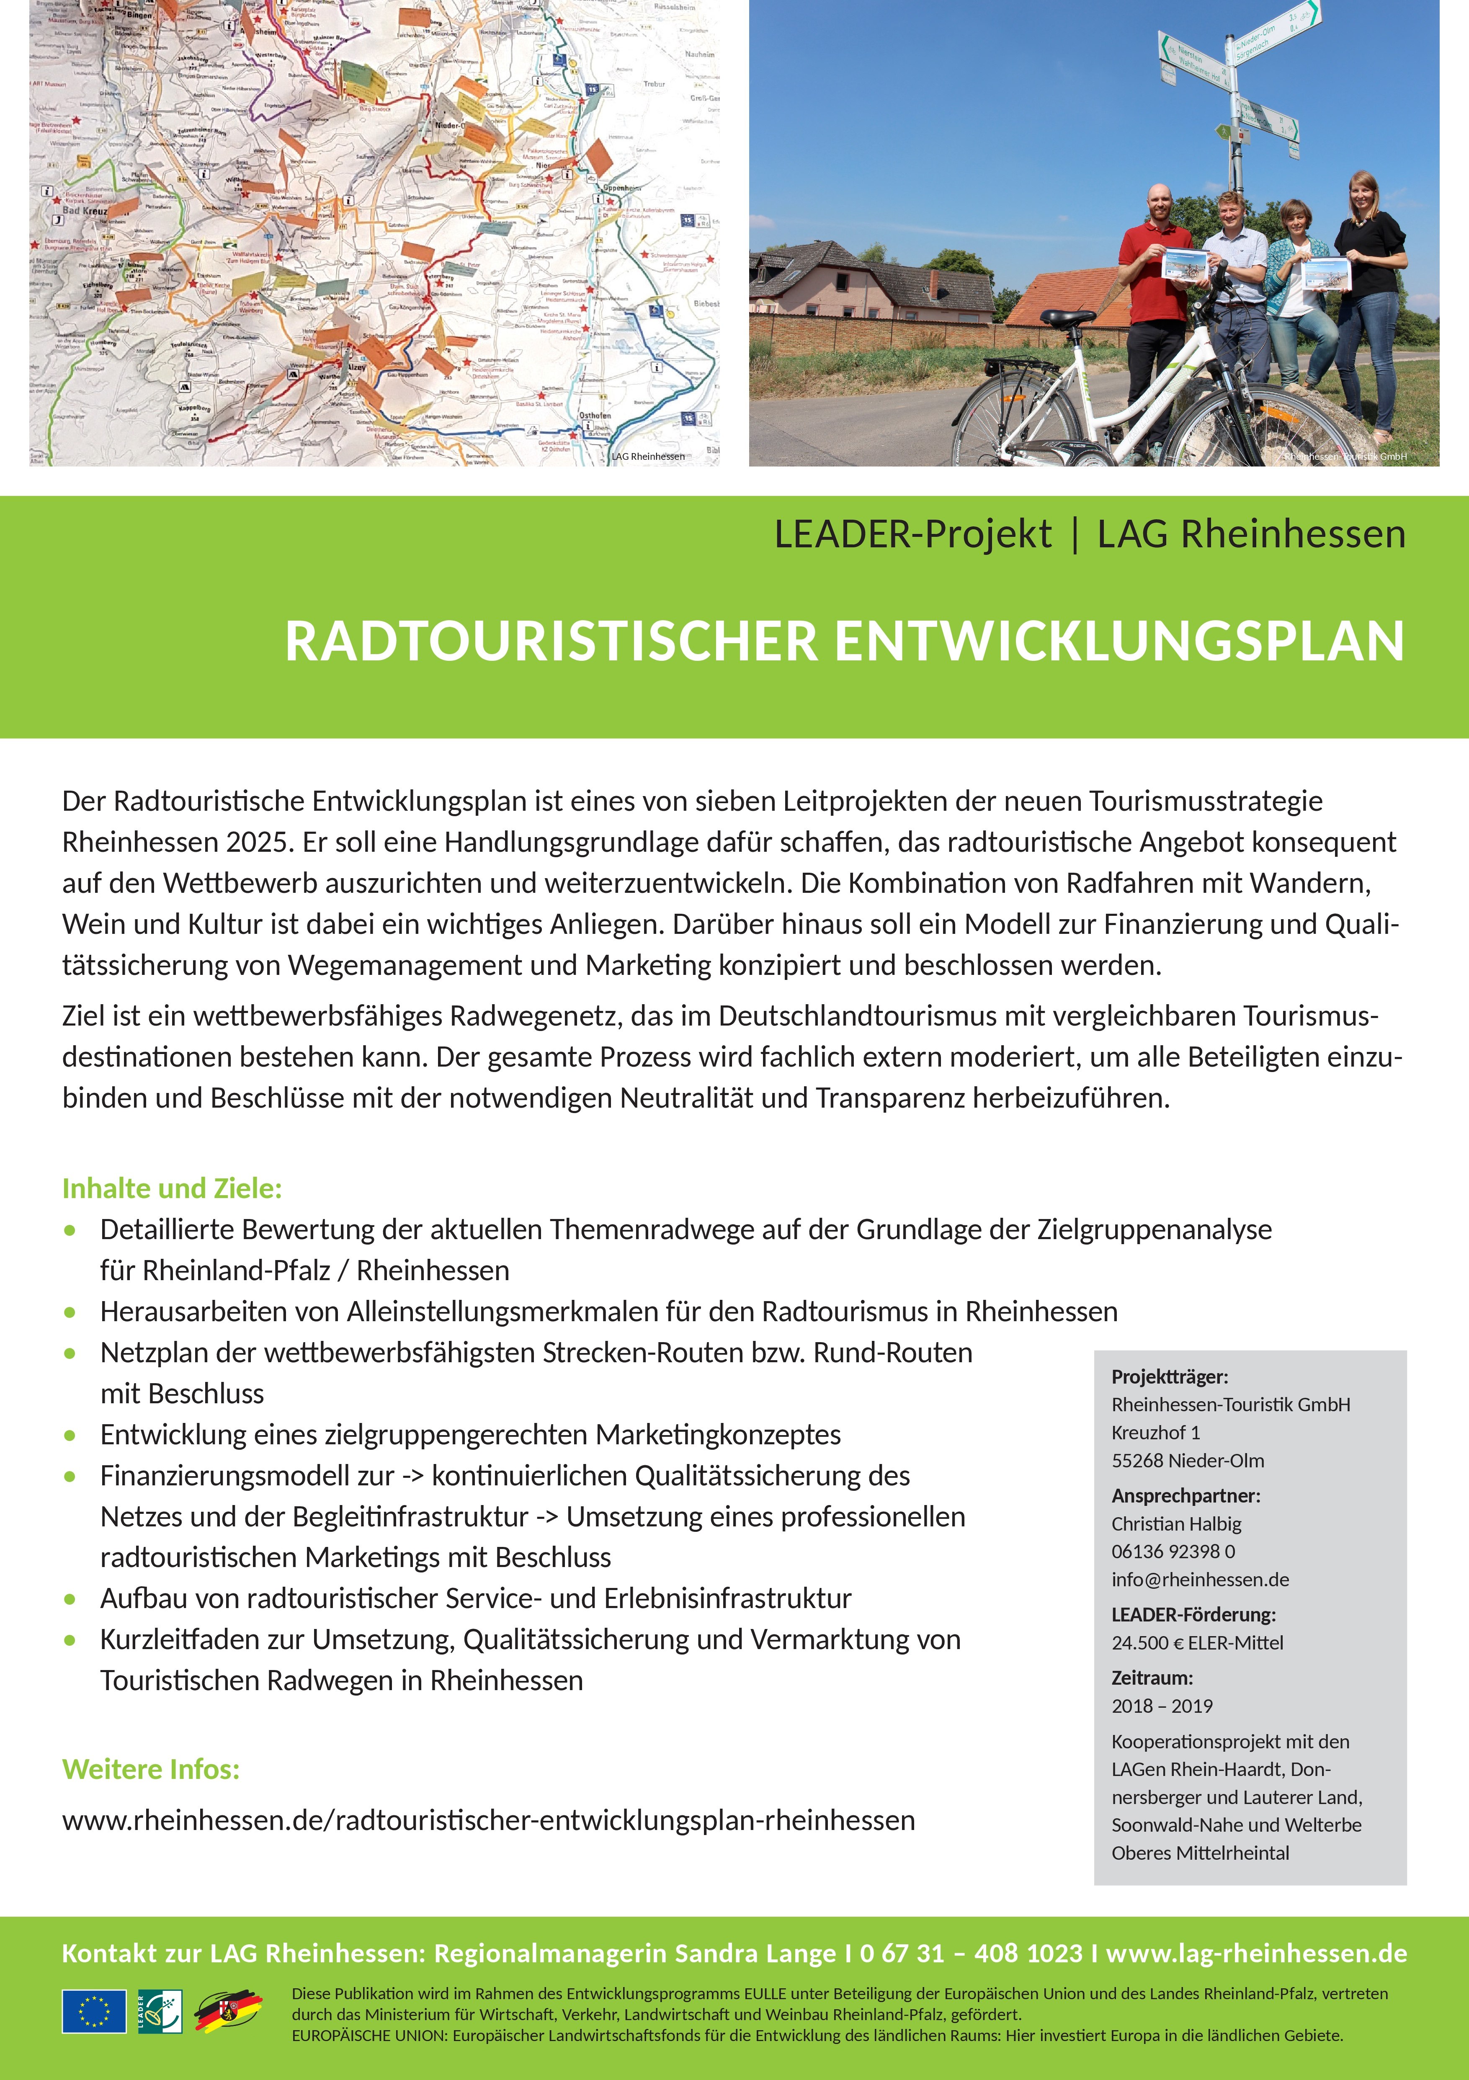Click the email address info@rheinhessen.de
1200,1579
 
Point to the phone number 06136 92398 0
1173,1551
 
